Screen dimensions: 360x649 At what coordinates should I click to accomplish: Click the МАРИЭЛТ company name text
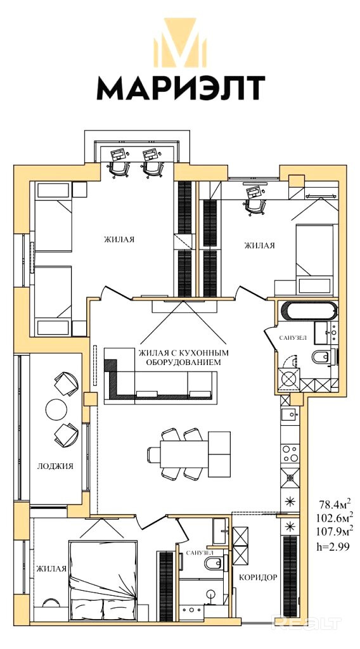point(181,87)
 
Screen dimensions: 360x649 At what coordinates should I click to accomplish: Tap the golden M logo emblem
point(180,42)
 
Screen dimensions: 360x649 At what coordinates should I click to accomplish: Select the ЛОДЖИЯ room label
point(55,466)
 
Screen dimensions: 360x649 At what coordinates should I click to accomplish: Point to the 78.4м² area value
point(335,504)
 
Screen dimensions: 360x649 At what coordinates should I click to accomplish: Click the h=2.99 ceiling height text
point(333,547)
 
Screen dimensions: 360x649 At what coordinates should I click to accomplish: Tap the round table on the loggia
point(56,409)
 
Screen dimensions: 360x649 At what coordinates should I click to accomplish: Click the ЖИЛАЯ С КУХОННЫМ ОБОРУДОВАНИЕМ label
point(184,357)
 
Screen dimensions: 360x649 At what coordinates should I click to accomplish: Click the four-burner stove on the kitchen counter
point(290,453)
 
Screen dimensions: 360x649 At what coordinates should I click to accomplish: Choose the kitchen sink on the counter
point(289,413)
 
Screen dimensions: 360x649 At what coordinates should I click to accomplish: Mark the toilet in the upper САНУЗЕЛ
point(322,357)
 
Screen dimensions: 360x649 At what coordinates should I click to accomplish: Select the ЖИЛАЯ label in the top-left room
point(119,239)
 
